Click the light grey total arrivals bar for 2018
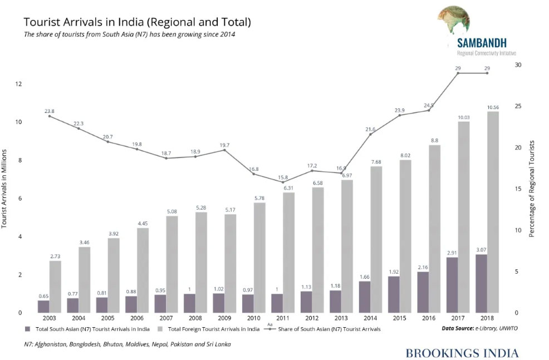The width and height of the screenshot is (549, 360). (492, 211)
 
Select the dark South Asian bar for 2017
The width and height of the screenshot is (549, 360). (452, 284)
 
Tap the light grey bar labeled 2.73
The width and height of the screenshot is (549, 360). (55, 287)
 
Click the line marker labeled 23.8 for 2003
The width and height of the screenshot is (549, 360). (49, 116)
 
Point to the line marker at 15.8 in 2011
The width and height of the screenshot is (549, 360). (282, 182)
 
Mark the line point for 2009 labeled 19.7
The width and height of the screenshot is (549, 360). (224, 150)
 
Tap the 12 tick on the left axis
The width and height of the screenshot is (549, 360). (18, 84)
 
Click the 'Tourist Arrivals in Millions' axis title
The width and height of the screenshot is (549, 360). (4, 188)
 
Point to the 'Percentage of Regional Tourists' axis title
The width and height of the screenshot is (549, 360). (531, 188)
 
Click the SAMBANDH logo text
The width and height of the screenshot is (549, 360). (482, 43)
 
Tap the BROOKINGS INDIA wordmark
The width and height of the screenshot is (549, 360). (462, 353)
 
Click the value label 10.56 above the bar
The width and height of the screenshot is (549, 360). (492, 107)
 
